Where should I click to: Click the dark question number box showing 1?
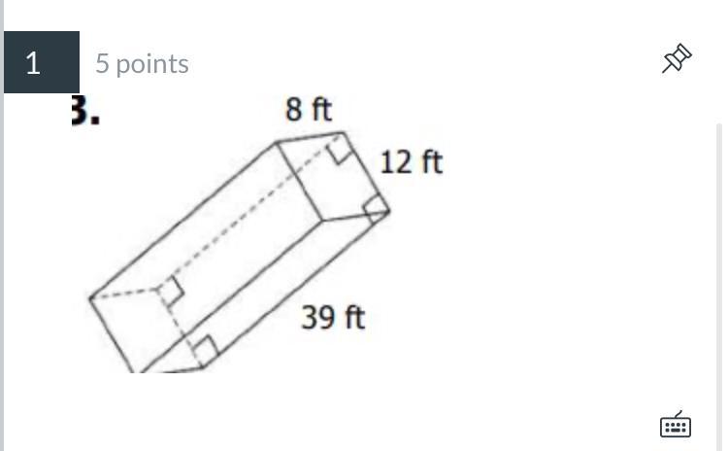pos(42,62)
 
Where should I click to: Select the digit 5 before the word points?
pos(102,63)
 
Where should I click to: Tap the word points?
pos(152,65)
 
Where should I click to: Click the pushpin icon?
pos(677,58)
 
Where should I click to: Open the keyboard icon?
pos(676,424)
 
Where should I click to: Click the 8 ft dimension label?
pos(309,110)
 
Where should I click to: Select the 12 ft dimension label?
pos(412,162)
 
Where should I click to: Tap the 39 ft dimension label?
pos(333,318)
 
